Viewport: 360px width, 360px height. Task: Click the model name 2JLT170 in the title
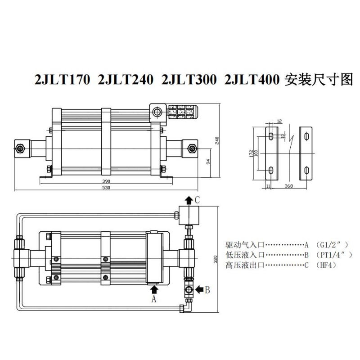[x=62, y=80]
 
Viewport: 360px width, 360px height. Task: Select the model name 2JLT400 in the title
[x=252, y=80]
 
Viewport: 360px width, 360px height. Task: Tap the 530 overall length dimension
[x=106, y=188]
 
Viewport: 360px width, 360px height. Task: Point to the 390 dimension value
[x=106, y=181]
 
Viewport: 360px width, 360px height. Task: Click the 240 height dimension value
[x=217, y=140]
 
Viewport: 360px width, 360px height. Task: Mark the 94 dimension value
[x=208, y=162]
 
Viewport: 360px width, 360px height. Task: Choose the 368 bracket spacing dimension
[x=288, y=186]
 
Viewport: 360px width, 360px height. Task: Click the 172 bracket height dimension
[x=252, y=153]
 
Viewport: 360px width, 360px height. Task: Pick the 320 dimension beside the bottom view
[x=216, y=259]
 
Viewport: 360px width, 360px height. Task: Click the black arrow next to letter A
[x=154, y=290]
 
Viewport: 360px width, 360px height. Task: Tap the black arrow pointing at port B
[x=199, y=289]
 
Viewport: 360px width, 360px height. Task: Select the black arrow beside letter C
[x=189, y=200]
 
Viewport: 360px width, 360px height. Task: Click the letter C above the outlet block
[x=197, y=200]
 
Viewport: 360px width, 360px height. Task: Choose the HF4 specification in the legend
[x=326, y=265]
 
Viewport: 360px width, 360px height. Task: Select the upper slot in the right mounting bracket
[x=306, y=136]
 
